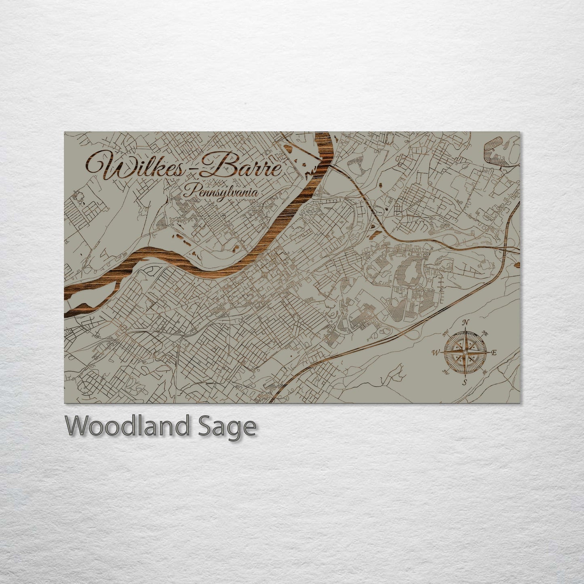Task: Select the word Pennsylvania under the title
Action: pyautogui.click(x=220, y=193)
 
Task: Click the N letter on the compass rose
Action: pyautogui.click(x=466, y=322)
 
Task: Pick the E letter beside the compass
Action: pyautogui.click(x=493, y=352)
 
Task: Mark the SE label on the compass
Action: pyautogui.click(x=485, y=371)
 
